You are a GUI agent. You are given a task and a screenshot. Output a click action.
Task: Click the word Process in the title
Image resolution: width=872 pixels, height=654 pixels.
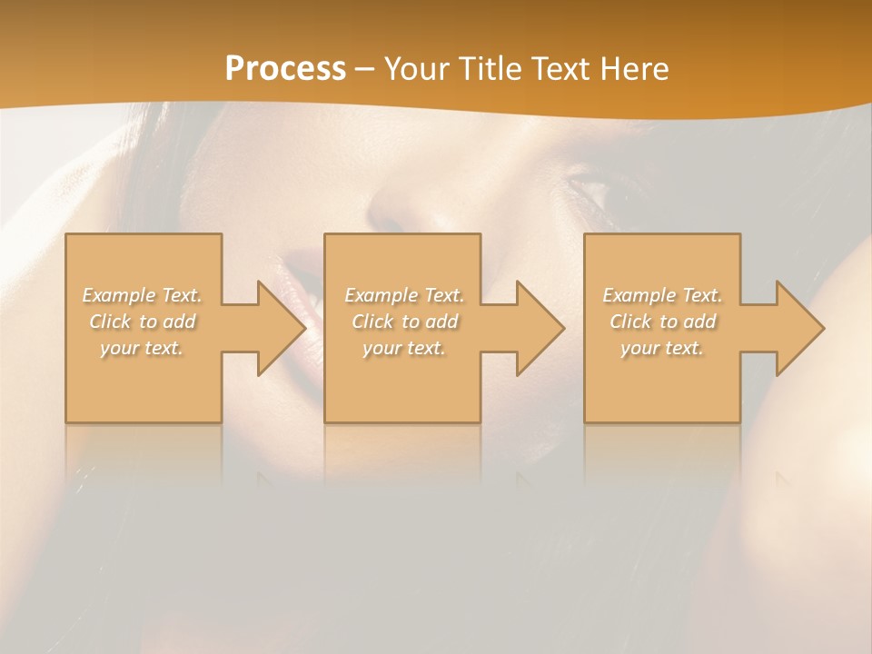coord(285,69)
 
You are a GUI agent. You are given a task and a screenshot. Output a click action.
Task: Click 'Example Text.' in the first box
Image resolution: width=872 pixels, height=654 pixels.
coord(143,295)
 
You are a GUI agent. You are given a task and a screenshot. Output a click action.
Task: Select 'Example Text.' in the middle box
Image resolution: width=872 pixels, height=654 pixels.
coord(404,295)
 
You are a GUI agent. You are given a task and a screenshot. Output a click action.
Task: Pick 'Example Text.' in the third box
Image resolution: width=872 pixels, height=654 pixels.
coord(662,295)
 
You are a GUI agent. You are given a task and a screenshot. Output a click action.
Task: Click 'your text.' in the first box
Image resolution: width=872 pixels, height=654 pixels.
coord(143,348)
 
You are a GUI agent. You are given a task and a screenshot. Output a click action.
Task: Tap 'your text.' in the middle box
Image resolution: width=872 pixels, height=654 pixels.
coord(404,348)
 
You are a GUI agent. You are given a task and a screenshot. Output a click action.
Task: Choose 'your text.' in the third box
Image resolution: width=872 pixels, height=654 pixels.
coord(662,348)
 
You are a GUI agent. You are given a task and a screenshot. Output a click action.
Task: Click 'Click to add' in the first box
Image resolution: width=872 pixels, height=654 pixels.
coord(143,322)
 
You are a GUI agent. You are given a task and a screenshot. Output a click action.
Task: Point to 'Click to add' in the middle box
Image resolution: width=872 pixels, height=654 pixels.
coord(404,322)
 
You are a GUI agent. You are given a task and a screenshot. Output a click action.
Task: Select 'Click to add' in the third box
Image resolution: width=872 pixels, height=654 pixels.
coord(662,322)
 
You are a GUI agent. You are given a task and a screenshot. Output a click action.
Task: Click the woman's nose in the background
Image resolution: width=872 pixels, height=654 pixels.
coord(400,213)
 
